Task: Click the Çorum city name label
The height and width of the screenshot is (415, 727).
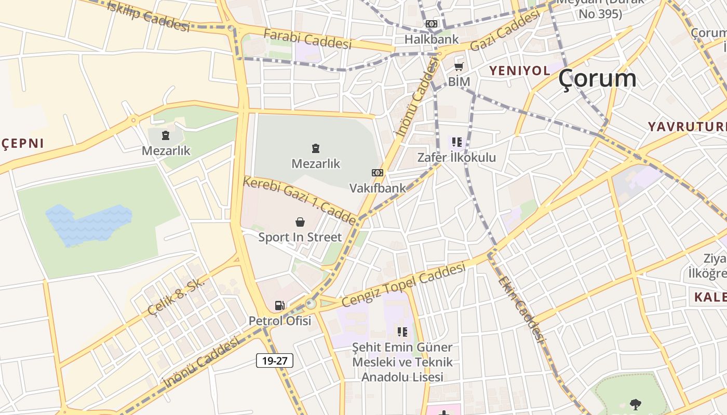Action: tap(597, 79)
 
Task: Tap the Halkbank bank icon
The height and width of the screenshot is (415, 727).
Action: tap(432, 24)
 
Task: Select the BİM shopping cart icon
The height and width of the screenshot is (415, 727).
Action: tap(459, 67)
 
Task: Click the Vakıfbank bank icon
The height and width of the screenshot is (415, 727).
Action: tap(378, 173)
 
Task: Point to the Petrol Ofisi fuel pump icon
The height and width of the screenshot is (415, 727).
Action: tap(280, 306)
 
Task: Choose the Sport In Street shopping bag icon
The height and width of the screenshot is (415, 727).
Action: tap(300, 223)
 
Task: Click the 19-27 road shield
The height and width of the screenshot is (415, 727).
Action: tap(275, 361)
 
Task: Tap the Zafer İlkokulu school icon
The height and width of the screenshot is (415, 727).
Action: tap(457, 142)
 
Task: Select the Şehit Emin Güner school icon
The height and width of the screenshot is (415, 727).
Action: tap(402, 332)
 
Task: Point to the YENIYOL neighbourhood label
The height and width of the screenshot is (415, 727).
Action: tap(519, 71)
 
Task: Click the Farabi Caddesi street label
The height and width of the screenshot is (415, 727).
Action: tap(307, 39)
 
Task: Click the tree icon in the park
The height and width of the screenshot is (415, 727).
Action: tap(635, 404)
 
